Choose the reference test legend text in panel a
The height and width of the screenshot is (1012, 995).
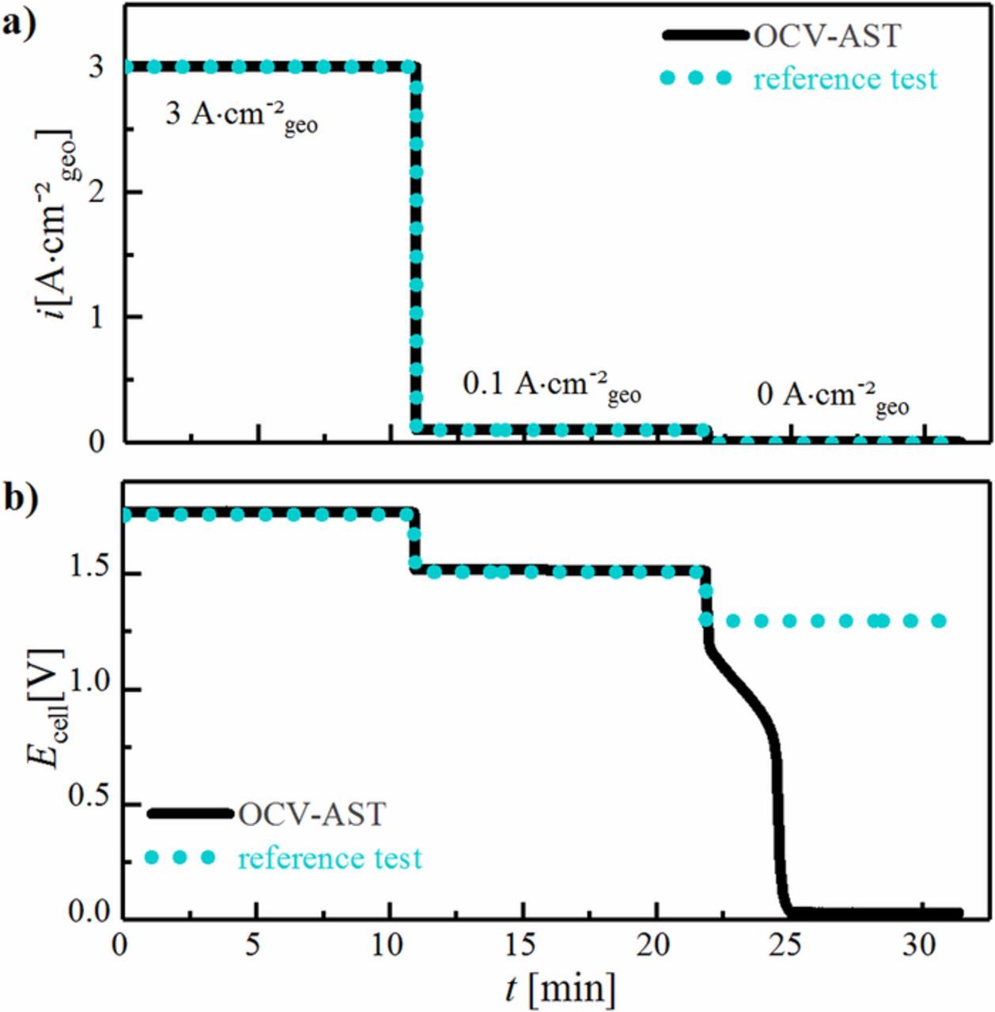coord(845,79)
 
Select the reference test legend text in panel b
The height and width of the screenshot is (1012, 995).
coord(330,857)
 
